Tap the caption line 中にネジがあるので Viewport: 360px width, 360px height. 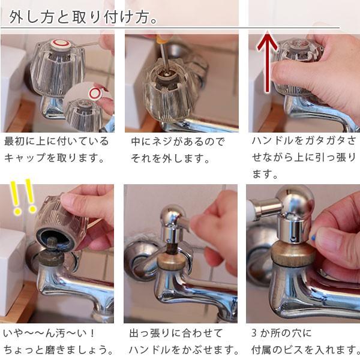tap(178, 142)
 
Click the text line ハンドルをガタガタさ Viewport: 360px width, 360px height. tap(304, 142)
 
